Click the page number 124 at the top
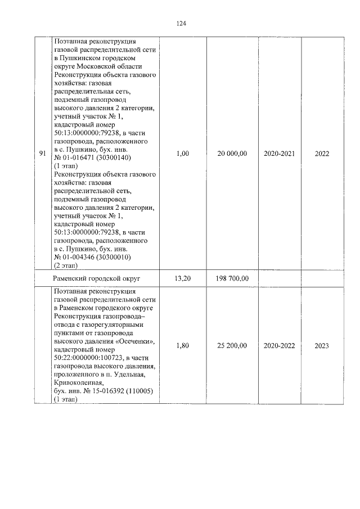pos(181,24)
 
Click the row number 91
pos(43,154)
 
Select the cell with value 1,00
pos(182,154)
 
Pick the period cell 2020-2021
pos(279,154)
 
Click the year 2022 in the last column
pos(322,154)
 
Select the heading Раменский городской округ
pos(96,278)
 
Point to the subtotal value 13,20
pos(182,278)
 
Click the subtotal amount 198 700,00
pos(232,278)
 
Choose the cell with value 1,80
pos(182,345)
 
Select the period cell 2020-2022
pos(279,345)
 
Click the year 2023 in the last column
pos(322,345)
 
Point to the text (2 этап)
pos(66,265)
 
